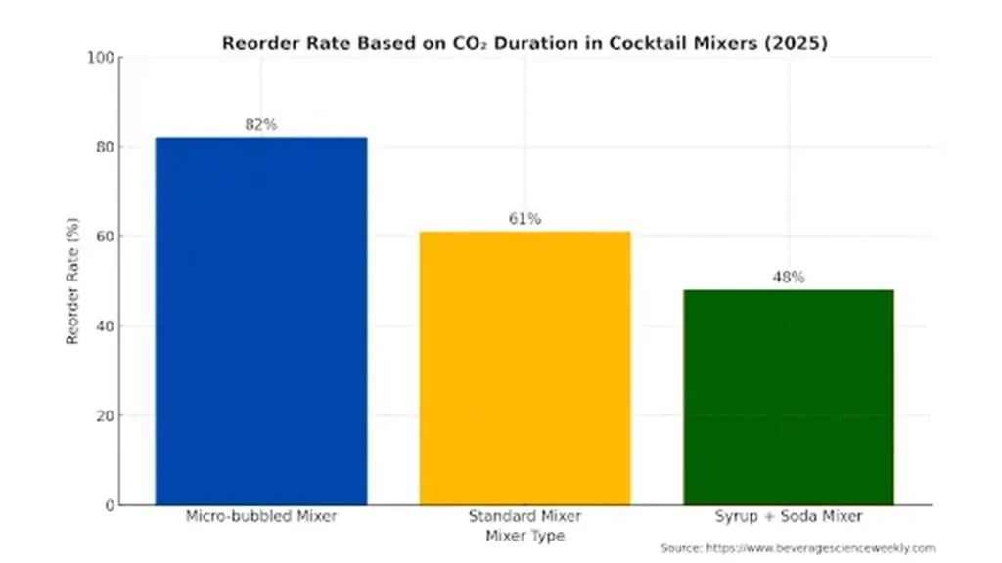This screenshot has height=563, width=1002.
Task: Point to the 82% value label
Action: pos(260,125)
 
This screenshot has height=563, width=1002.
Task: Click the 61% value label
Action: pos(524,219)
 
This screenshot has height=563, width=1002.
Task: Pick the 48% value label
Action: pos(788,278)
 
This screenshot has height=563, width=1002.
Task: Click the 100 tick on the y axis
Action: pos(100,58)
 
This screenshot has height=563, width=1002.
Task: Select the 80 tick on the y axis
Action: pos(104,148)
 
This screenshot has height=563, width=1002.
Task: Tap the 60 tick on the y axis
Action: pos(104,237)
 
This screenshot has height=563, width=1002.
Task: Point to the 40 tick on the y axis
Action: pos(104,326)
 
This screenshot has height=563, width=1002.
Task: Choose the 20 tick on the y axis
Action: pos(104,415)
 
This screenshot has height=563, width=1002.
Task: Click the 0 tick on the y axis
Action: pos(108,505)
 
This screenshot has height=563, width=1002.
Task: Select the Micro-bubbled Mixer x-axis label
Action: pos(260,516)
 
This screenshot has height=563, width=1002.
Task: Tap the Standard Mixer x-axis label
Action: pos(524,516)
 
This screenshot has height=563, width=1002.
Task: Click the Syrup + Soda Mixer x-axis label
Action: pos(788,516)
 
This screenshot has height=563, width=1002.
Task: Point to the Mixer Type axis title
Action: pos(524,536)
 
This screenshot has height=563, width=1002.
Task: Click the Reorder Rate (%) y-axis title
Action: pos(72,281)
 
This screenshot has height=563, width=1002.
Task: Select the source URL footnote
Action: pos(797,548)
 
